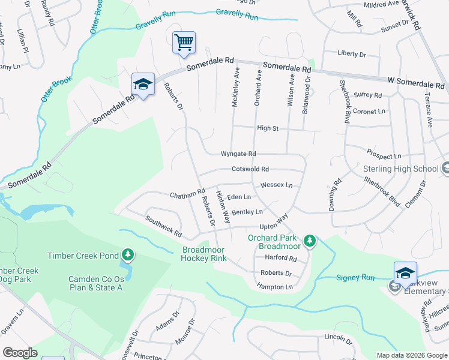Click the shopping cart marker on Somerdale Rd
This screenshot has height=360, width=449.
pyautogui.click(x=184, y=43)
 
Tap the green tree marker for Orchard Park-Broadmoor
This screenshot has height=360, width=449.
pyautogui.click(x=309, y=241)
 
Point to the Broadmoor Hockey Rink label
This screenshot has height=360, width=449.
pyautogui.click(x=204, y=254)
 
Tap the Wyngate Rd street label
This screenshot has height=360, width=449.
pyautogui.click(x=238, y=154)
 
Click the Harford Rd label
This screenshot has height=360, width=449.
pyautogui.click(x=281, y=259)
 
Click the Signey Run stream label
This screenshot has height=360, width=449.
pyautogui.click(x=355, y=278)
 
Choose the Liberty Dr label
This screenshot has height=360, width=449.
pyautogui.click(x=352, y=55)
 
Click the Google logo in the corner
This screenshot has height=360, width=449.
pyautogui.click(x=20, y=353)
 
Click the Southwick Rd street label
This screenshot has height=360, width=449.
pyautogui.click(x=163, y=226)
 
